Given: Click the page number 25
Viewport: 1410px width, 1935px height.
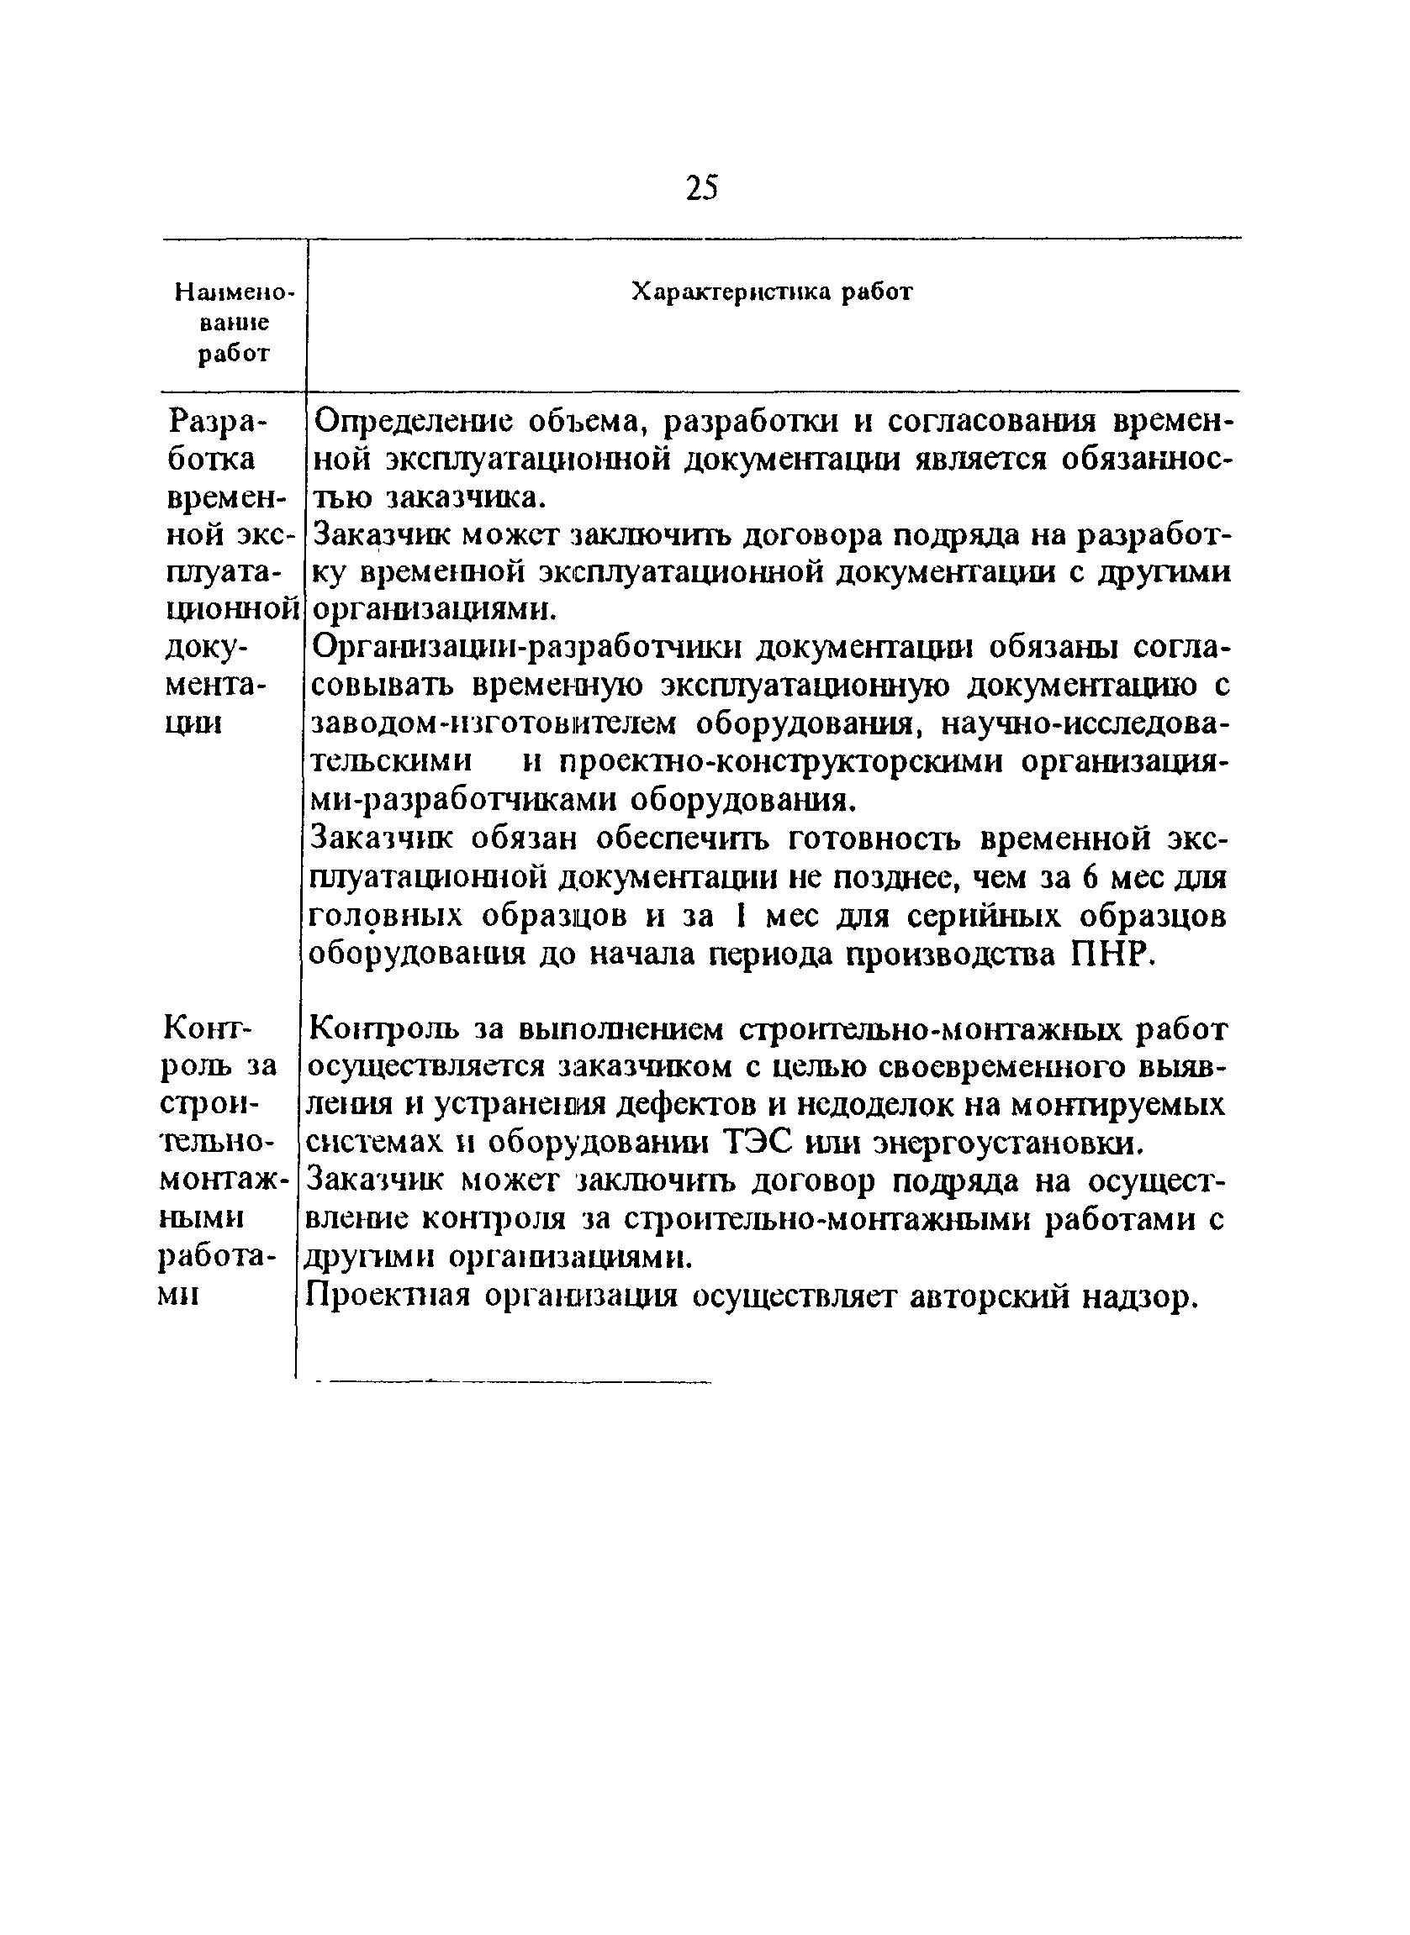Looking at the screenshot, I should click(701, 187).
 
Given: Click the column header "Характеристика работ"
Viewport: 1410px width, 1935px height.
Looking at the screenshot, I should click(772, 292).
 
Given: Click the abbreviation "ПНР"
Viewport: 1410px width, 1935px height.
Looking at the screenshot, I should click(1109, 955).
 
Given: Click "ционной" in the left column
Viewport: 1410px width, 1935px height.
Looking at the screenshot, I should click(232, 610).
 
